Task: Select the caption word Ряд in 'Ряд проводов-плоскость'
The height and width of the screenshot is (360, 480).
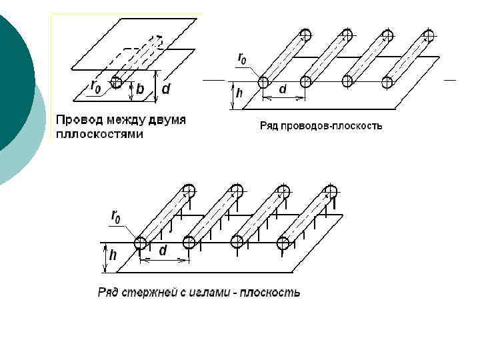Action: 269,125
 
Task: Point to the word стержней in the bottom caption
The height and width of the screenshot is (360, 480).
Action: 151,292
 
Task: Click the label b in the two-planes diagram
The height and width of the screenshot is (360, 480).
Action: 141,89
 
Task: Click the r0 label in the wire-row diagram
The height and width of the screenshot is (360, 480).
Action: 245,58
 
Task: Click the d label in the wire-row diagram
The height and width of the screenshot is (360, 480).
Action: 283,89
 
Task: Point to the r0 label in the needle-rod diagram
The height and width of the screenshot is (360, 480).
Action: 116,217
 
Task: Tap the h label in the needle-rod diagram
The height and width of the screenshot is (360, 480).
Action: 113,255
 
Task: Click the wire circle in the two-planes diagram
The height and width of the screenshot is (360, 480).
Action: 117,81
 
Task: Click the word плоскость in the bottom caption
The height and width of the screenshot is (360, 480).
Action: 271,292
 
